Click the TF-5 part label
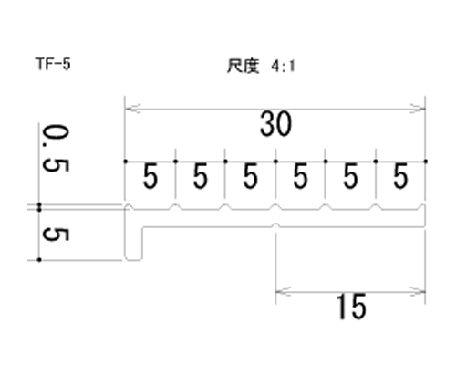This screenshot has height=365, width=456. (53, 64)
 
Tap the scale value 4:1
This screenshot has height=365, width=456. (283, 66)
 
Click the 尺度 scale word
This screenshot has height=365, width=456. (244, 66)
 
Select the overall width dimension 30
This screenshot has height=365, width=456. (275, 124)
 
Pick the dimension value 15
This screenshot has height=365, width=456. (351, 307)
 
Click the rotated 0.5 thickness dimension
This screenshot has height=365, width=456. (56, 149)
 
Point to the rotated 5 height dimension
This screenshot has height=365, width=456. (56, 235)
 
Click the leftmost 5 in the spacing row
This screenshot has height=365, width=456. (150, 176)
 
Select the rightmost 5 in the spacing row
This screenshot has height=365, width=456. (400, 176)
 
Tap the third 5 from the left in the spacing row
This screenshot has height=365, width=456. (250, 176)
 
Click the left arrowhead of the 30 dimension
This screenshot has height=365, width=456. (132, 109)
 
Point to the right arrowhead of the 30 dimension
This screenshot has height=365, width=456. (418, 109)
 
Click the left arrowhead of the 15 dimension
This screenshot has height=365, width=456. (283, 292)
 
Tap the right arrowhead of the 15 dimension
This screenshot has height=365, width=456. (418, 292)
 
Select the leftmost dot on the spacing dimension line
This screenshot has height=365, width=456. (125, 162)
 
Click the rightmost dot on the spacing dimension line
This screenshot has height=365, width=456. (425, 162)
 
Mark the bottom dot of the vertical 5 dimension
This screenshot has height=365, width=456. (39, 260)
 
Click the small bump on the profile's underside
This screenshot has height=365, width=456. (275, 225)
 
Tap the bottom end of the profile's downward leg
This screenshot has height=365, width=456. (133, 260)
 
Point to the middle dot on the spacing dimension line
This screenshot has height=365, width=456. (275, 162)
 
